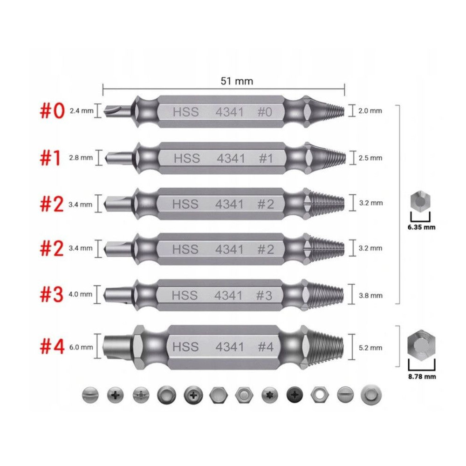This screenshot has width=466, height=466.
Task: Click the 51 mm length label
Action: [x=237, y=81]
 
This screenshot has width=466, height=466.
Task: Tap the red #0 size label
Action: [x=52, y=111]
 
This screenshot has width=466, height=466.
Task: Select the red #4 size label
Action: [x=52, y=347]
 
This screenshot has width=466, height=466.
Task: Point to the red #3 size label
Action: [x=52, y=295]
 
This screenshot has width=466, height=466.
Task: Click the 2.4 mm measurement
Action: [x=82, y=111]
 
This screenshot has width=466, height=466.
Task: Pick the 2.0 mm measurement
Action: [x=370, y=111]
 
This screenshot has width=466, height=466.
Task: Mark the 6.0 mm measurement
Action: [x=81, y=347]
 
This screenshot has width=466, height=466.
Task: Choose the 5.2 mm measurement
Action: [x=370, y=348]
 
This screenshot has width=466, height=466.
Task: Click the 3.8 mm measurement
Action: [x=370, y=296]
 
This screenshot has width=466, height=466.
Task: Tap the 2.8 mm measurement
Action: [x=81, y=158]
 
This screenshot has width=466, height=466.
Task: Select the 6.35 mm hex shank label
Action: [x=421, y=227]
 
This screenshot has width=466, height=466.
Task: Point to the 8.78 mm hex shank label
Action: [x=422, y=377]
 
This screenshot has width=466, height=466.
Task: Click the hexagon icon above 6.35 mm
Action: [x=420, y=202]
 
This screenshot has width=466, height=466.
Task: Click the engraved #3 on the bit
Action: [x=264, y=295]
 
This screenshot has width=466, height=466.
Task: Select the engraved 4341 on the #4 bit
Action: [x=230, y=347]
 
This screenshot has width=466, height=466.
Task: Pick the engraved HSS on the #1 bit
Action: [x=187, y=158]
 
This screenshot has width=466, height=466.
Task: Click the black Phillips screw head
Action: [x=295, y=395]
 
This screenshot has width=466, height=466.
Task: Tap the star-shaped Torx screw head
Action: [x=270, y=395]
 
